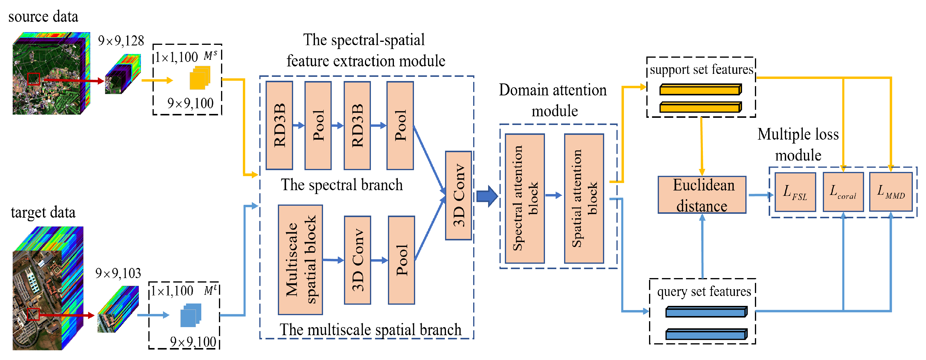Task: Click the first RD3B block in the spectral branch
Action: click(279, 125)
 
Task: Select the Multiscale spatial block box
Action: click(300, 260)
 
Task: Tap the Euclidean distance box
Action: click(702, 195)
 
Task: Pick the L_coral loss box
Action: click(843, 192)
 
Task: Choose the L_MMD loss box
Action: click(890, 192)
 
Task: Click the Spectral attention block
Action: click(525, 198)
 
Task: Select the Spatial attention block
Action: click(584, 198)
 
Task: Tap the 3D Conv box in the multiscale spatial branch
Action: click(357, 260)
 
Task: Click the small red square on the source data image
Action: click(33, 79)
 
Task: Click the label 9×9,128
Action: click(121, 41)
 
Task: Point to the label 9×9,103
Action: click(118, 273)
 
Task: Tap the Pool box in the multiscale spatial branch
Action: click(401, 260)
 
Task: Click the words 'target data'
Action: click(43, 212)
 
